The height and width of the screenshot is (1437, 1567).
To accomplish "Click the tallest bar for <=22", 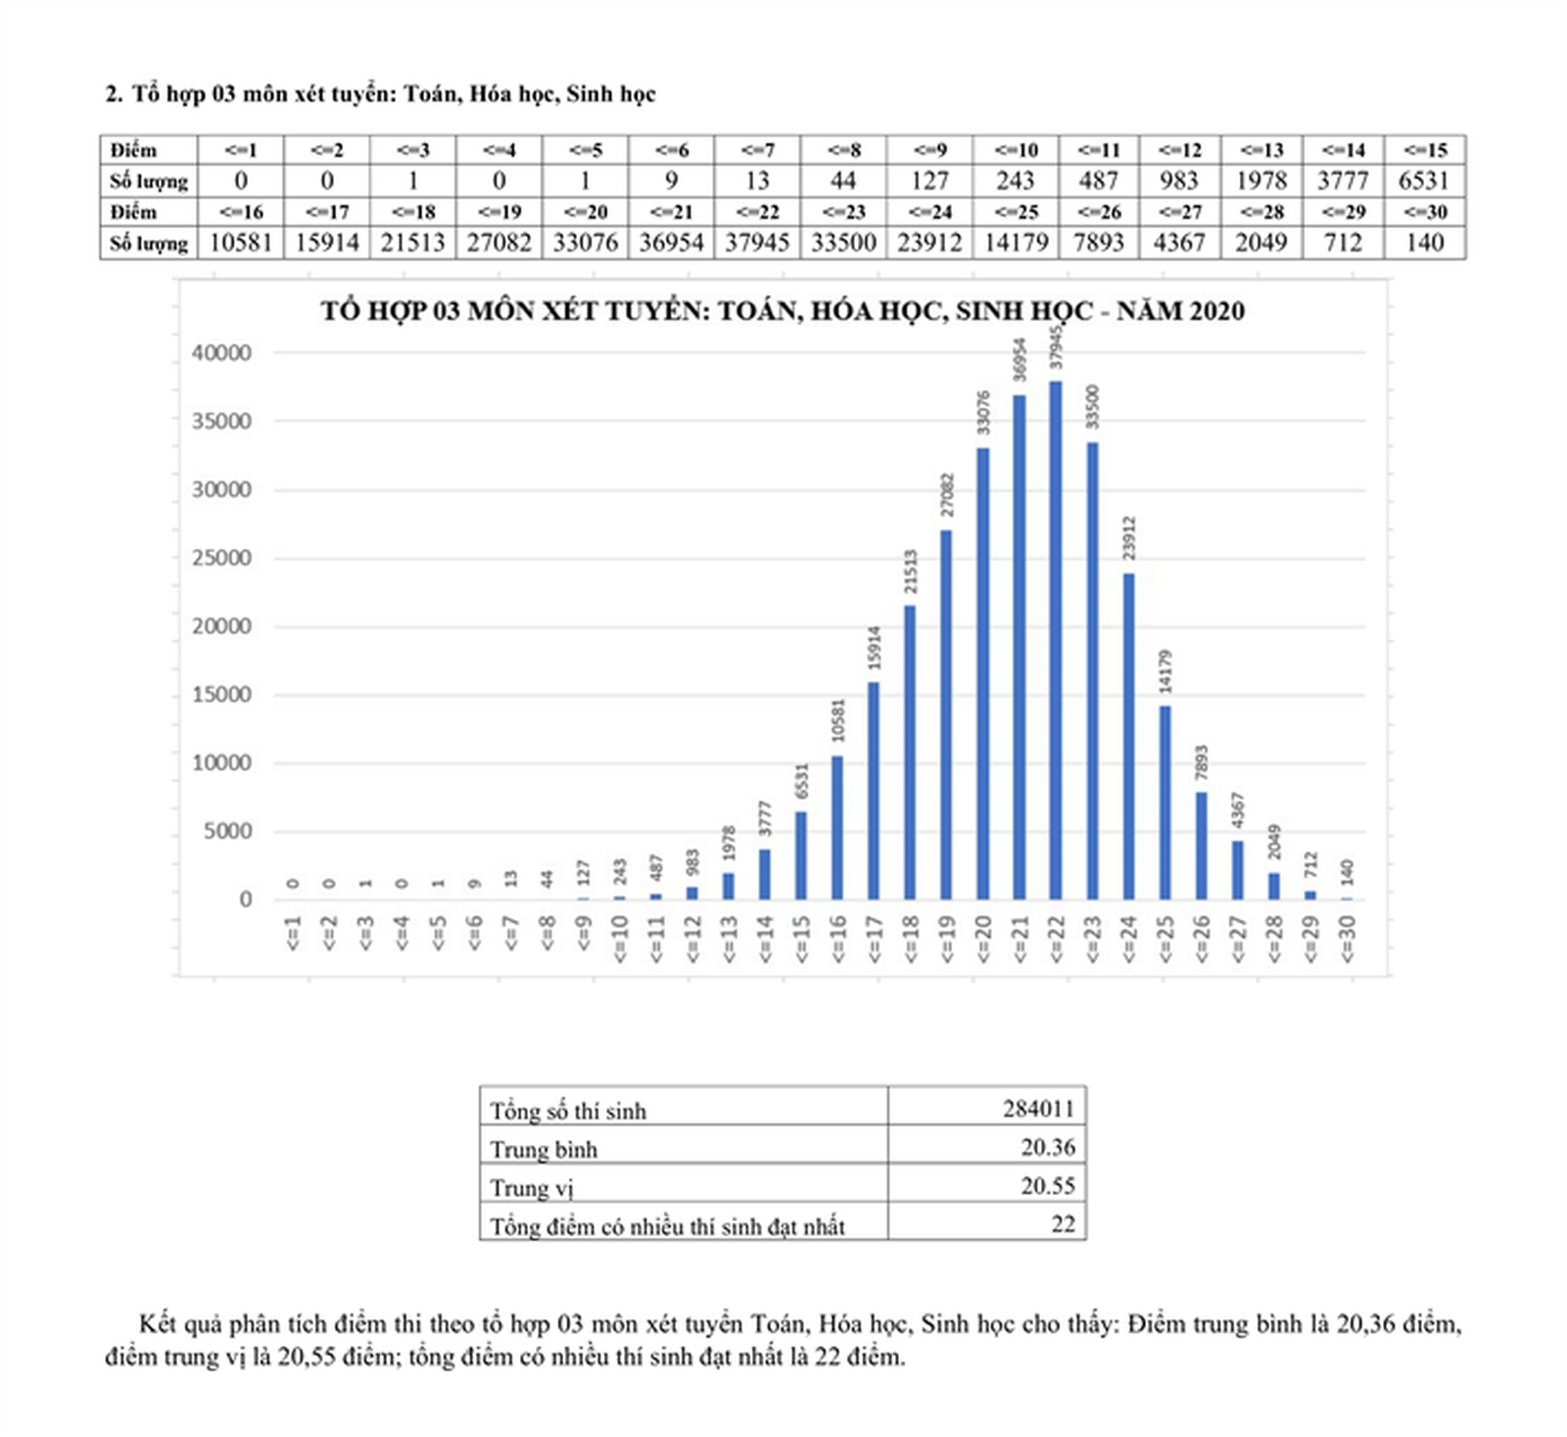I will click(1055, 641).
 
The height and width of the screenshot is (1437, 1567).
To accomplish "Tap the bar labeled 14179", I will click(1164, 802).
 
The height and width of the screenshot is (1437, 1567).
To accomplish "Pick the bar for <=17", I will click(874, 790).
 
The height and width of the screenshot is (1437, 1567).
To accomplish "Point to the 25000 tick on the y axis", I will click(221, 558).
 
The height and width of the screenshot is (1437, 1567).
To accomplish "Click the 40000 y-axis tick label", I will click(221, 353).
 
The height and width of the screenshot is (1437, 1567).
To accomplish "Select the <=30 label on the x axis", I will click(1347, 938).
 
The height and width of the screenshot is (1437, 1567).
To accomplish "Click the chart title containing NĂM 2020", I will click(783, 311).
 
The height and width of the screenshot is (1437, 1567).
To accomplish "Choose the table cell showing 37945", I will click(757, 243).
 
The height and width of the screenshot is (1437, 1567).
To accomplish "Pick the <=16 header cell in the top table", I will click(241, 213).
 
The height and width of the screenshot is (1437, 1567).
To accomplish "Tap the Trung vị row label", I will click(532, 1187).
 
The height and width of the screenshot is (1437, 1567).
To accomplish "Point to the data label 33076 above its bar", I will click(984, 412).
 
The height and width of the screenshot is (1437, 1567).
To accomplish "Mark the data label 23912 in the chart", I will click(1129, 538).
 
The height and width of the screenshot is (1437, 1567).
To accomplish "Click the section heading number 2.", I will click(114, 94).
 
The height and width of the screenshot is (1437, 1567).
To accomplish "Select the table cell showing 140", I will click(1424, 243).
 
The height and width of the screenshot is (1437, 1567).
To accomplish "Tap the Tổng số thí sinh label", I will click(568, 1111).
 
